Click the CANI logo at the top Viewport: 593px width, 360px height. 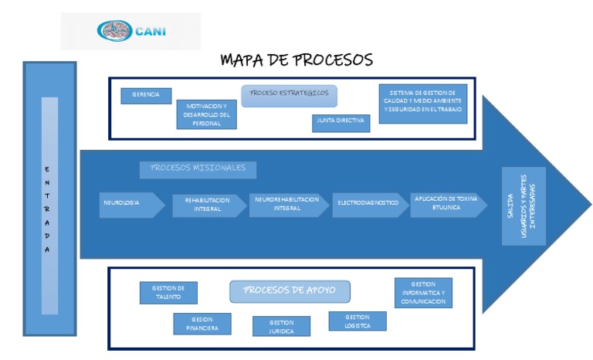coord(131,31)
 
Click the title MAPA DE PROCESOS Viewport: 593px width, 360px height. coord(296,59)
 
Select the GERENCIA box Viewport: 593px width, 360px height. coord(146,95)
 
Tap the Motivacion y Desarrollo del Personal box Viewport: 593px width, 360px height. coord(206,114)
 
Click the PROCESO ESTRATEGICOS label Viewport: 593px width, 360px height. coord(290,94)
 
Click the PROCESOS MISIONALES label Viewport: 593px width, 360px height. coord(198,168)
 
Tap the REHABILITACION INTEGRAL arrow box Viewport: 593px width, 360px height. coord(208,205)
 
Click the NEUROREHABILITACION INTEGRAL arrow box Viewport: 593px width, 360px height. coord(289,204)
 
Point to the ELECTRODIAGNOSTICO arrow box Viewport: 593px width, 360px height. coord(368,204)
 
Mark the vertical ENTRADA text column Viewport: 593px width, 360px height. coord(48,209)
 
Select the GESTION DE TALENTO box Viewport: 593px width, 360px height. coord(168,293)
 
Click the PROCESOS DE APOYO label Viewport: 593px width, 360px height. coord(290,290)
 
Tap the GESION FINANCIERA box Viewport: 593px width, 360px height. coord(202,324)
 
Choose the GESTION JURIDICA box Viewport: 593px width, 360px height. coord(281,326)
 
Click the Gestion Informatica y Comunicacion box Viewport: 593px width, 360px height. coord(423,293)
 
